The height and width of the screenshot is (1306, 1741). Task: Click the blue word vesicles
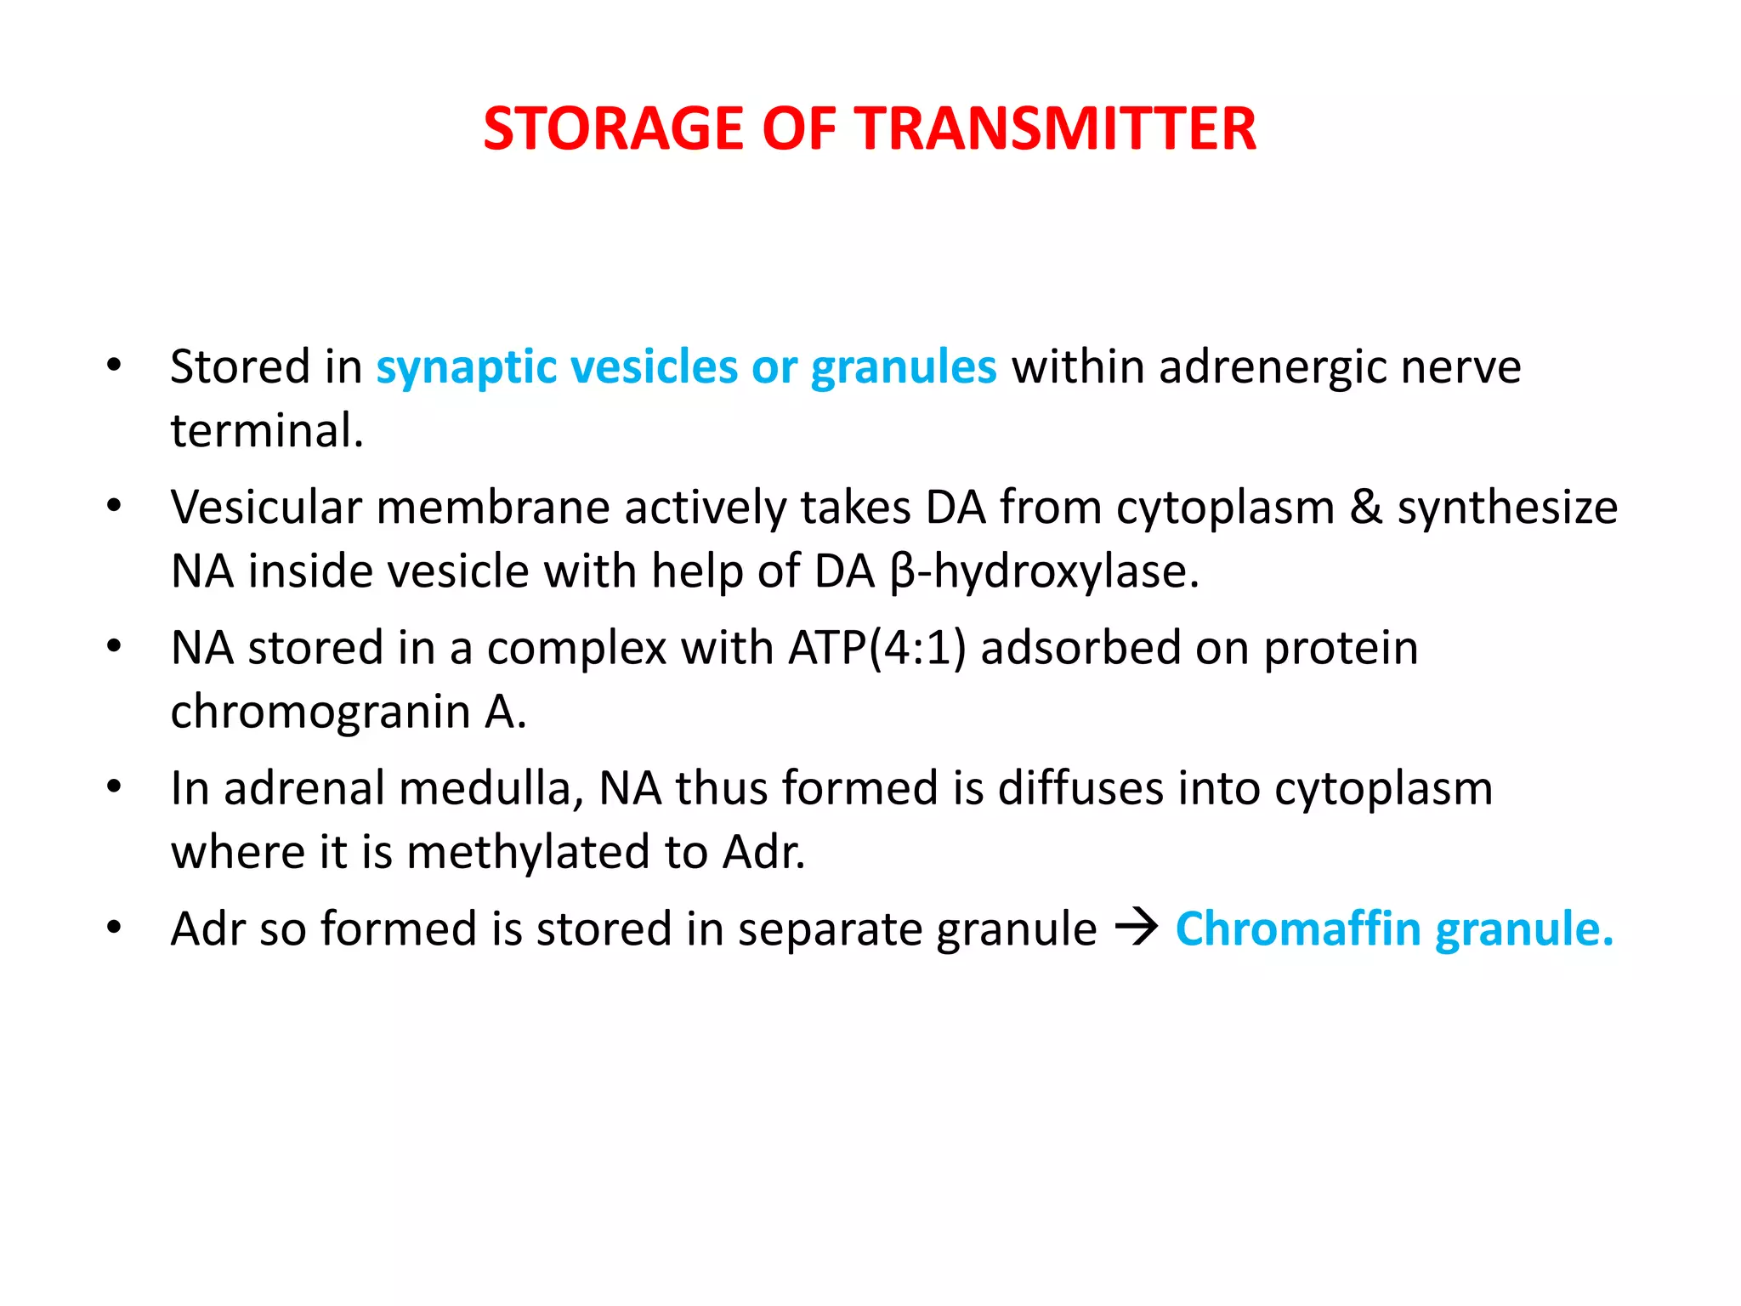pos(654,368)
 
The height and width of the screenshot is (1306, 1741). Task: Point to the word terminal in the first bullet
pos(266,430)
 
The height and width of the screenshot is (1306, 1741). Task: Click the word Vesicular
pos(266,508)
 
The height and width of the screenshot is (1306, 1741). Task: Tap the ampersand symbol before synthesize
pos(1366,508)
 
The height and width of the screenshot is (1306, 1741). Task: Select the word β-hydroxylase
pos(1045,571)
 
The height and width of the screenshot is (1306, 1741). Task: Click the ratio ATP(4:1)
pos(877,649)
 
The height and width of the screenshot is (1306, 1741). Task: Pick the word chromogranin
pos(320,713)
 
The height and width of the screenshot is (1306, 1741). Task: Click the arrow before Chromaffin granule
pos(1137,927)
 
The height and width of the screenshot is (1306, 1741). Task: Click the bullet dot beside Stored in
pos(114,366)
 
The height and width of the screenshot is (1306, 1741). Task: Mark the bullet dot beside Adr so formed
pos(114,928)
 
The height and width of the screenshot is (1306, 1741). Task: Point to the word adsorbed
pos(1080,649)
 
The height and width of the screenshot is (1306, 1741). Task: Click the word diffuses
pos(1080,788)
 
